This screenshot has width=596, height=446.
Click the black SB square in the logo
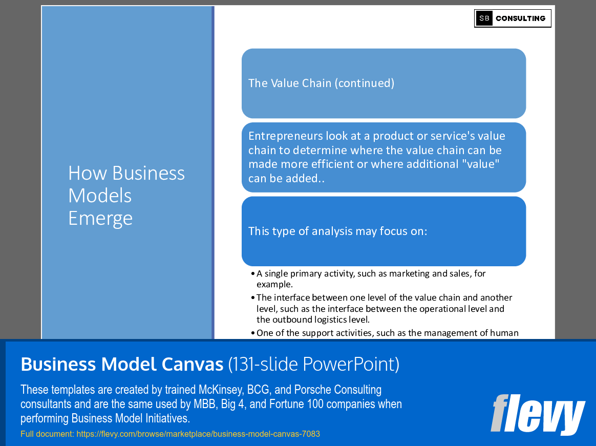(x=484, y=18)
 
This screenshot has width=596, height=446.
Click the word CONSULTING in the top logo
(x=520, y=18)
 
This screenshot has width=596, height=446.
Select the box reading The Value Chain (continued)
(x=384, y=83)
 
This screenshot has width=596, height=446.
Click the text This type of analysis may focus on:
(x=337, y=231)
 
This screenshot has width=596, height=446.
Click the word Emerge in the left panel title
(x=100, y=218)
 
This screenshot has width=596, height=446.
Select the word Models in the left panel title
(x=100, y=196)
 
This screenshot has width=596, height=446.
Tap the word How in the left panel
(x=88, y=173)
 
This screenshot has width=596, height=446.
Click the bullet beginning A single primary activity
(x=371, y=279)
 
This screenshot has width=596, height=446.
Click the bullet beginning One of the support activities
(x=387, y=333)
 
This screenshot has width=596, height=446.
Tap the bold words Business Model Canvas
(x=122, y=364)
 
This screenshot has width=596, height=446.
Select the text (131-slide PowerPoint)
(x=313, y=364)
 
